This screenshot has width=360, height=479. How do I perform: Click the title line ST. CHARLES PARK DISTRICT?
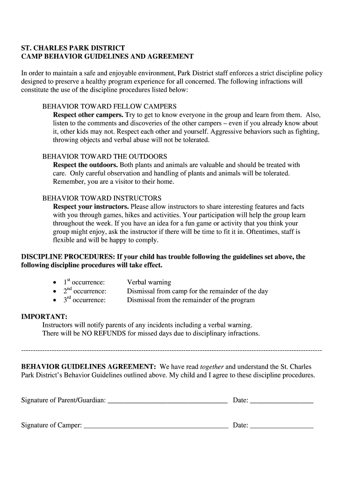tap(73, 48)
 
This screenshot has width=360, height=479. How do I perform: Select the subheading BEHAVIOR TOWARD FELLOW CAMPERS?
tap(109, 107)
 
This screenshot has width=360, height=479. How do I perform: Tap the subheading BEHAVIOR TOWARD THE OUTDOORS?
tap(105, 156)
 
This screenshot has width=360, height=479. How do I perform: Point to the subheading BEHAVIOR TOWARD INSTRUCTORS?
tap(102, 198)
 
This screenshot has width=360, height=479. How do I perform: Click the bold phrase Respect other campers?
tap(88, 115)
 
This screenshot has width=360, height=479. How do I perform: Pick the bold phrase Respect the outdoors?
tap(86, 165)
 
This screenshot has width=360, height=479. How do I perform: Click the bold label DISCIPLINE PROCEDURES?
tap(68, 257)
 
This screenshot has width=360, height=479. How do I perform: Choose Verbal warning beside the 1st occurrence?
tap(149, 283)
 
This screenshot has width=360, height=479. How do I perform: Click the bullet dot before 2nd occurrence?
tap(55, 291)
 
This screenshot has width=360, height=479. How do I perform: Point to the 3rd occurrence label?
tap(85, 300)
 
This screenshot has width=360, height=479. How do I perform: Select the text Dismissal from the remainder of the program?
tap(191, 300)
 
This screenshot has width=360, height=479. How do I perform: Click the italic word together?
tap(212, 367)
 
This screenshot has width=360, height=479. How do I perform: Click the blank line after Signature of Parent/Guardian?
tap(167, 401)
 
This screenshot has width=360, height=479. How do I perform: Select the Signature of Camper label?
tap(51, 425)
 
